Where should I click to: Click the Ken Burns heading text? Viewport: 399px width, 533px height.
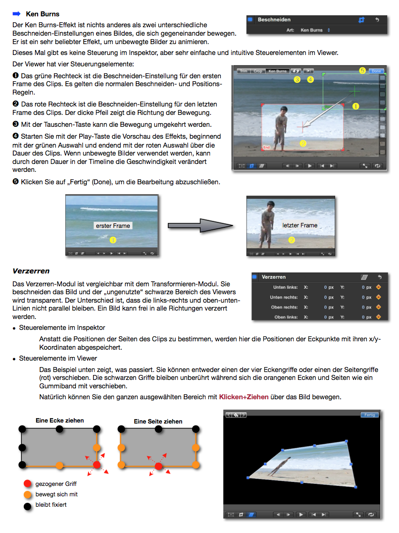point(43,14)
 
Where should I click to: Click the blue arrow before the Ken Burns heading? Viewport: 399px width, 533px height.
point(16,14)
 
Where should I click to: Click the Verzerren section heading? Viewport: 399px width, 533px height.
point(31,271)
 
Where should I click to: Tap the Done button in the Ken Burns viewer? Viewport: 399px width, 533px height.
point(377,71)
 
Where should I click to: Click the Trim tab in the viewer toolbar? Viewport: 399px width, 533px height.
point(243,71)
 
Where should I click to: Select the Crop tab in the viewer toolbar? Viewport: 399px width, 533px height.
point(258,71)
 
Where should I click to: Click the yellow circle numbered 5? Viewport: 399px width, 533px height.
point(363,71)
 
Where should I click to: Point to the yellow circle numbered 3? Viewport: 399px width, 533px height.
point(297,79)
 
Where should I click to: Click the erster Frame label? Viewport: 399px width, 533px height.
point(113,226)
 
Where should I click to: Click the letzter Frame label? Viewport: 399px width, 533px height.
point(299,225)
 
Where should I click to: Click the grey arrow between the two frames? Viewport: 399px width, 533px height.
point(199,226)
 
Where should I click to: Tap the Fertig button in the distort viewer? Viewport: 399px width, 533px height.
point(369,415)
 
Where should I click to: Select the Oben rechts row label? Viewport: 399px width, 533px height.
point(284,307)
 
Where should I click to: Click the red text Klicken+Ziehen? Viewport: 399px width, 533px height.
point(244,397)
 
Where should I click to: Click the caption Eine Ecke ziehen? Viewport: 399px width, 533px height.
point(59,421)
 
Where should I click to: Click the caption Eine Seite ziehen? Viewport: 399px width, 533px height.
point(158,422)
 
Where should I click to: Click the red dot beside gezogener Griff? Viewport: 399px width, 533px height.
point(27,484)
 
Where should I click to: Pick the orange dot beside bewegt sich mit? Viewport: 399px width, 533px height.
point(27,494)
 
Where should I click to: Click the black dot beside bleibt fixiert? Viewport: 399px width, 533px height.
point(27,505)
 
